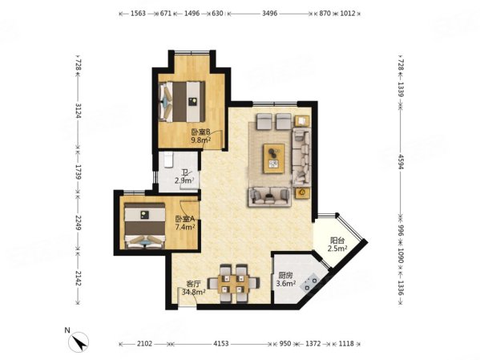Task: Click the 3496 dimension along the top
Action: tap(270, 14)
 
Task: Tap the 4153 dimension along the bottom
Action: tap(220, 343)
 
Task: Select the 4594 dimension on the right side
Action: tap(401, 160)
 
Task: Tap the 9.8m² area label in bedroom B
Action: tap(201, 140)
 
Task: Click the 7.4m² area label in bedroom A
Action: tap(185, 227)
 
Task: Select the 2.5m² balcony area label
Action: tap(337, 249)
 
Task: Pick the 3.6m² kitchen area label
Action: tap(286, 283)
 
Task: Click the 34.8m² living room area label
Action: tap(193, 292)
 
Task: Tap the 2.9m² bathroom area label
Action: tap(184, 180)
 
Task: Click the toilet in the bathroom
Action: tap(168, 160)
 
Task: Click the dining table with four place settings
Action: tap(233, 283)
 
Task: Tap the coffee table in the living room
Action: tap(274, 158)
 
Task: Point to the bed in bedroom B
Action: tap(182, 101)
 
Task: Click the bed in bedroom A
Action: tap(144, 225)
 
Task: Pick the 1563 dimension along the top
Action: tap(138, 14)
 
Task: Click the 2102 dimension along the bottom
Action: tap(144, 343)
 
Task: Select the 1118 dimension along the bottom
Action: tap(346, 343)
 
